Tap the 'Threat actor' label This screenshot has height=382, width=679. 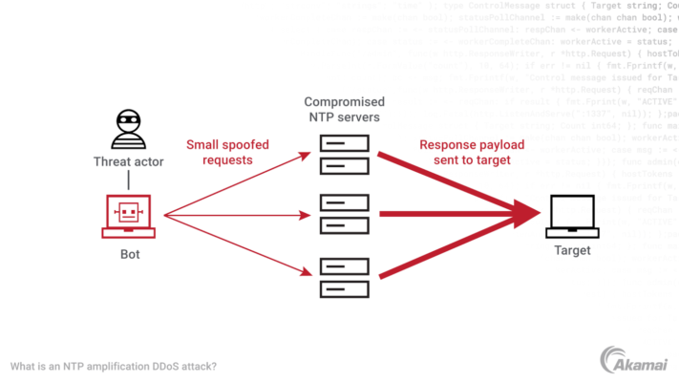tap(128, 161)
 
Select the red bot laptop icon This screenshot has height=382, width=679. tap(129, 216)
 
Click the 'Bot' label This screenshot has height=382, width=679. tap(129, 255)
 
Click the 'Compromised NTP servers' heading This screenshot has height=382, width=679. tap(344, 109)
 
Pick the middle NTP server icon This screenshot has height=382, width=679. tap(345, 215)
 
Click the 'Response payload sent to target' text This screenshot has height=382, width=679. tap(465, 153)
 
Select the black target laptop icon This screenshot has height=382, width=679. tap(572, 217)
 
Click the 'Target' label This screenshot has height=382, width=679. tap(572, 251)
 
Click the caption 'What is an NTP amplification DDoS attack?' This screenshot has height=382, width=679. tap(114, 366)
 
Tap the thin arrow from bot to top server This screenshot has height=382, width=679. tap(239, 181)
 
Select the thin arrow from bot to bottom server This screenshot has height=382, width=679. tap(239, 245)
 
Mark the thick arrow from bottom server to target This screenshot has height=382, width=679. tap(449, 251)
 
